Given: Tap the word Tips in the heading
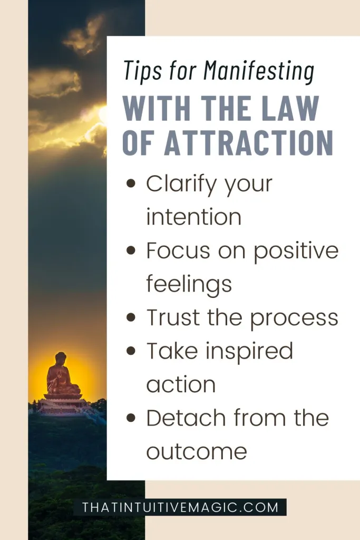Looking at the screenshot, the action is [x=142, y=71].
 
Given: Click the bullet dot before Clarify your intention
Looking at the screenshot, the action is [x=131, y=183].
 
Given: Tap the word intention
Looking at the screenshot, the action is [x=194, y=217].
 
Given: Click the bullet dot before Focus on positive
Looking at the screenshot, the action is [x=131, y=250].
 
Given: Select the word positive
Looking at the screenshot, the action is [x=296, y=251].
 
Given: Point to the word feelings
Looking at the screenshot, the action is [x=189, y=284].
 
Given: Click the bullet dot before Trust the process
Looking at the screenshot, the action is [x=131, y=317].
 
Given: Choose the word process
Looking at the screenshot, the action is [x=294, y=318].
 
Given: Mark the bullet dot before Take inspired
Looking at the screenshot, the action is [x=131, y=351].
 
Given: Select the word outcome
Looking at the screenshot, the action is [x=197, y=451].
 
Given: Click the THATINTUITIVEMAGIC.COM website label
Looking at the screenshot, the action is [x=180, y=507].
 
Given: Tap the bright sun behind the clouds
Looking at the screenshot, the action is [x=103, y=115].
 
